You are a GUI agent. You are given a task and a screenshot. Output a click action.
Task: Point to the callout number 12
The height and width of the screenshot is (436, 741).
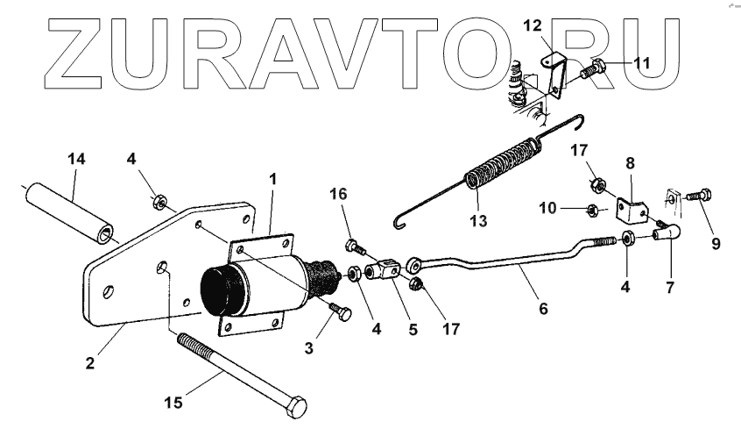point(533,27)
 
